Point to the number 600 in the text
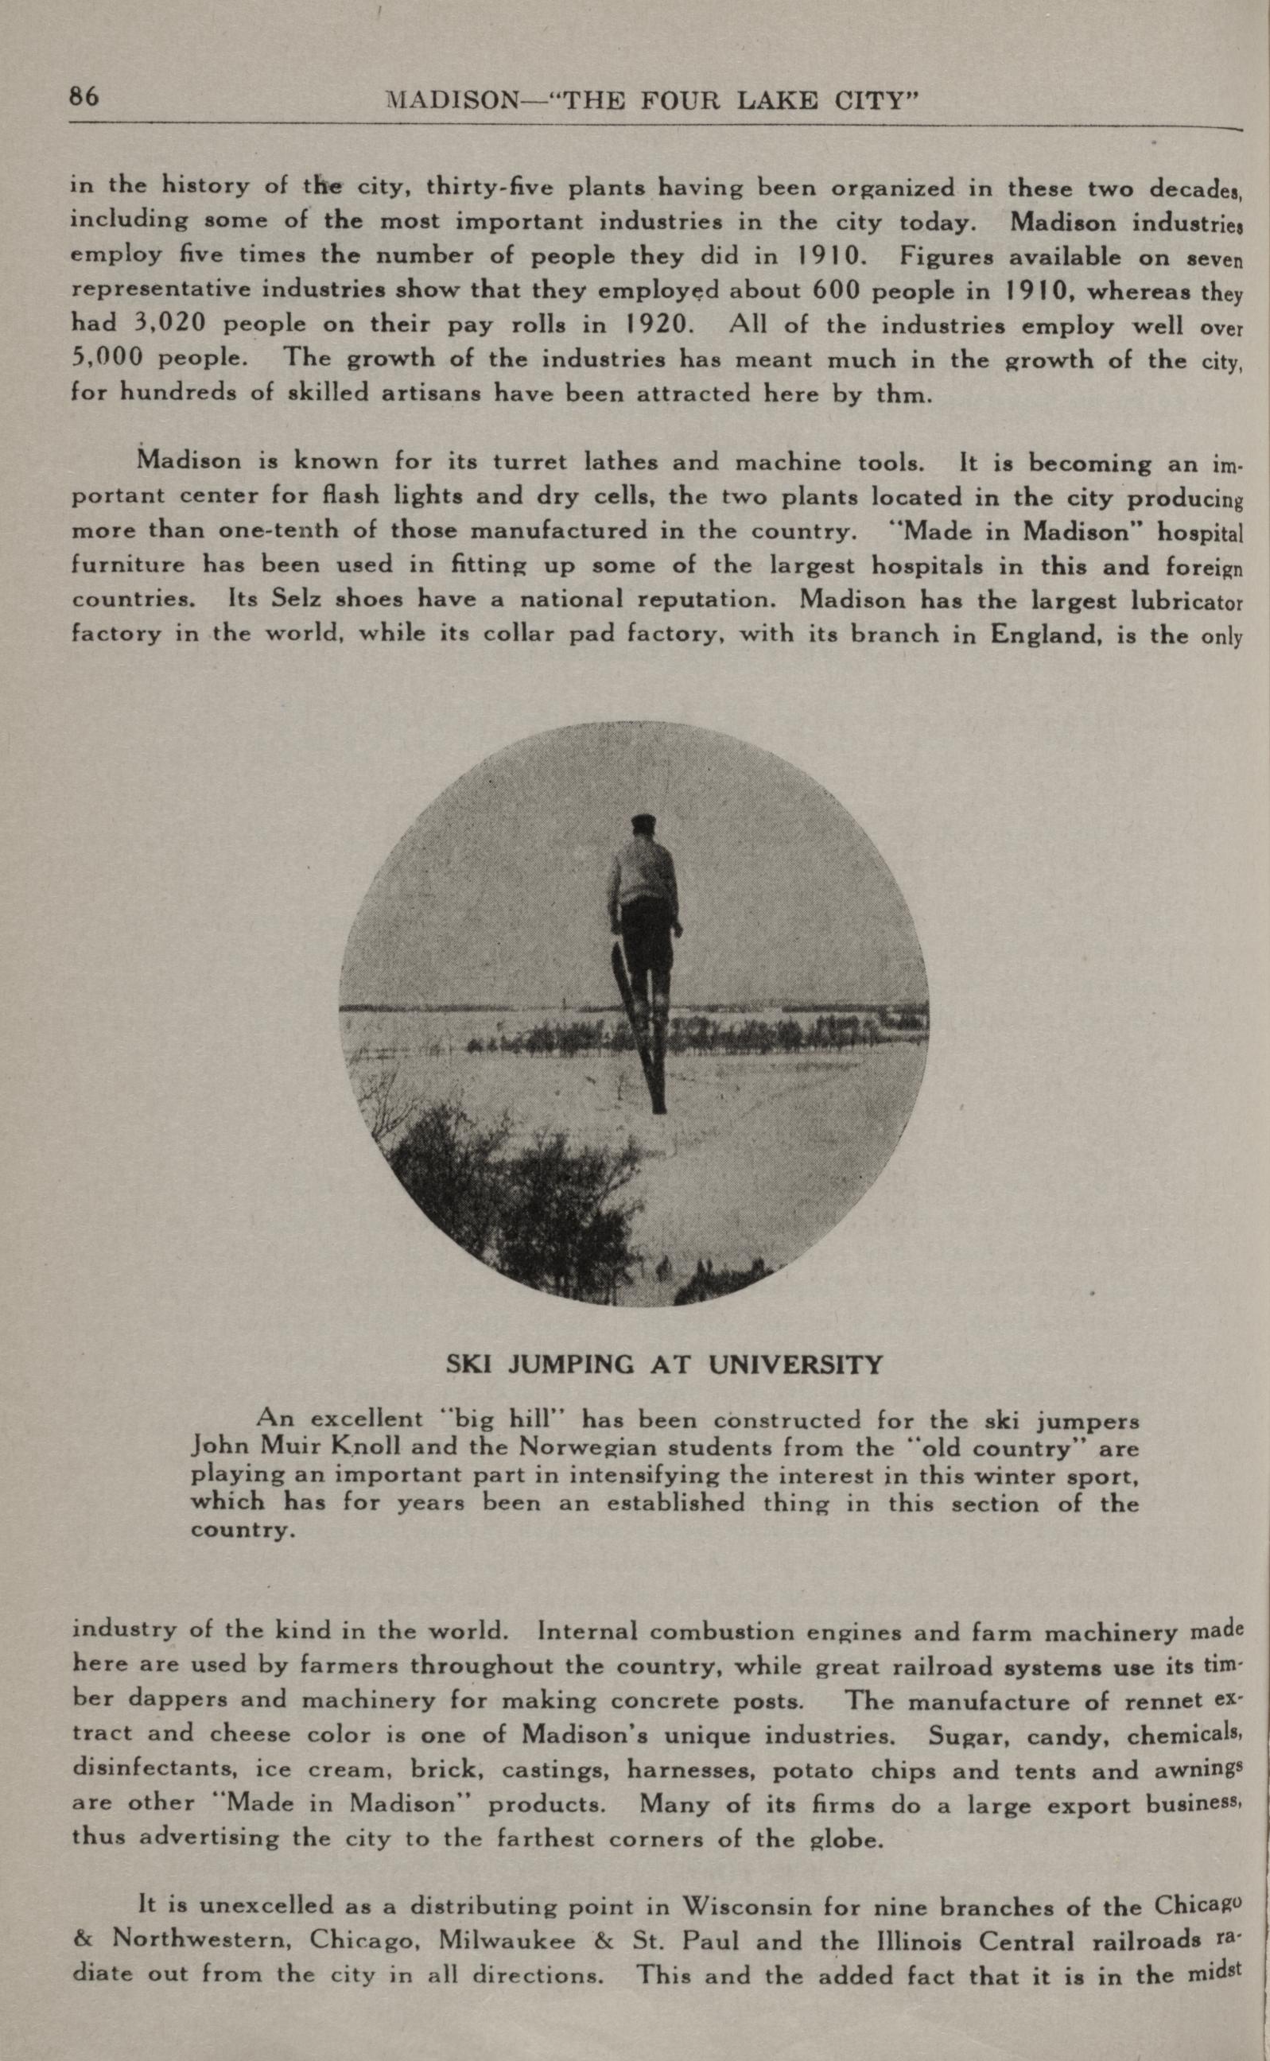pos(837,289)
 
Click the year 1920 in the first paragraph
pos(657,324)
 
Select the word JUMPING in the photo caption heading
pos(571,1364)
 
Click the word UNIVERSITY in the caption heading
pos(795,1364)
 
